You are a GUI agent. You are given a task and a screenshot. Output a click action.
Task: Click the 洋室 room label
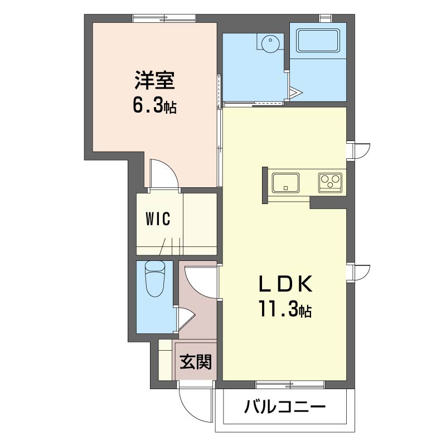coord(154,81)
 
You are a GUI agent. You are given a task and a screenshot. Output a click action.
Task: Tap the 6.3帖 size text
coord(154,106)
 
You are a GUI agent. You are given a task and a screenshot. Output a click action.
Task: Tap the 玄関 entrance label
coord(195,362)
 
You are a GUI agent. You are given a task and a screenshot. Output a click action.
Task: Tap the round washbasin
coord(270,42)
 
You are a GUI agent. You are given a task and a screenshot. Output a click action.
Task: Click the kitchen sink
coord(285,182)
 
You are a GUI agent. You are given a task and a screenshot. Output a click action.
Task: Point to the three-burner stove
coord(330,182)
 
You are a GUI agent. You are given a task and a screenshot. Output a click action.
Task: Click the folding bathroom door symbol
coord(294,91)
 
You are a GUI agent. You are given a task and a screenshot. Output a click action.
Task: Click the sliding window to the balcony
coord(290,384)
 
